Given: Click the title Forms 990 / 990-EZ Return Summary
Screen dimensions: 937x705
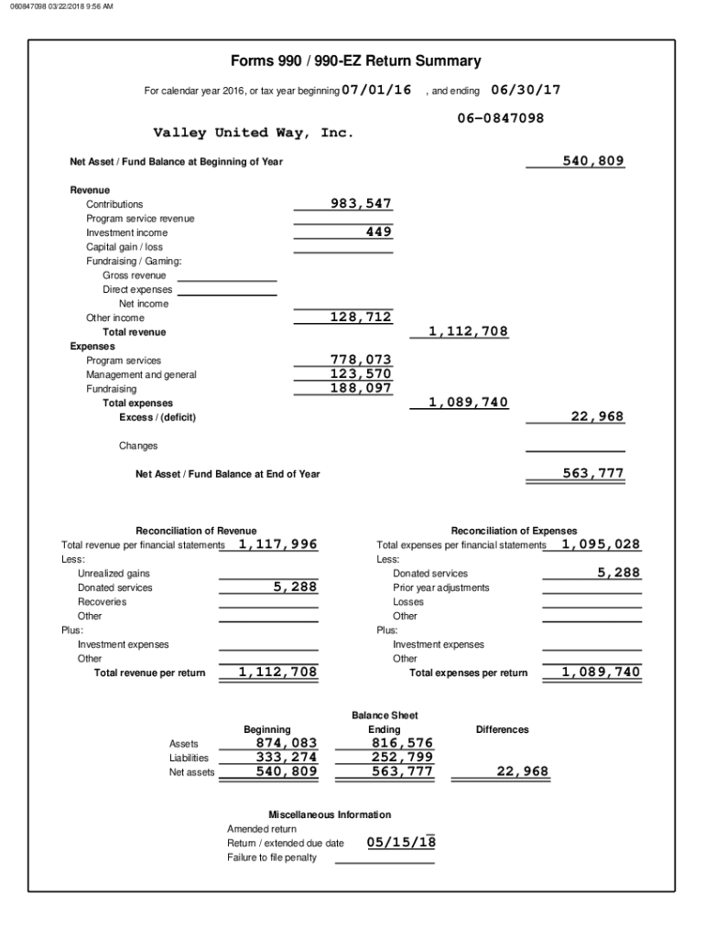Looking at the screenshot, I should [x=355, y=61].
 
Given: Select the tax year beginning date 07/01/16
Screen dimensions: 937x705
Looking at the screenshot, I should [x=376, y=90].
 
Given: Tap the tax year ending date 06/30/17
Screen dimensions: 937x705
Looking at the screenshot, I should [x=526, y=90].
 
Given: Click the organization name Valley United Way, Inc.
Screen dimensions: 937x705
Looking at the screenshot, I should [x=253, y=134].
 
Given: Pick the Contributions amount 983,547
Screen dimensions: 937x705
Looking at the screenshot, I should [x=361, y=203].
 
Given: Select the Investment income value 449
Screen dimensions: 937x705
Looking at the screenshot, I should [x=378, y=232].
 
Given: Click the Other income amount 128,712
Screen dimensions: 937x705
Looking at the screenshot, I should [x=361, y=318].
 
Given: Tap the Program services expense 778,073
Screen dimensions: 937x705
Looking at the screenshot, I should [x=361, y=360].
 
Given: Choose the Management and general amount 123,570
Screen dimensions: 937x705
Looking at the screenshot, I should [x=361, y=374].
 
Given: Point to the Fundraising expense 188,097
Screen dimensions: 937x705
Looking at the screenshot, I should [x=361, y=388].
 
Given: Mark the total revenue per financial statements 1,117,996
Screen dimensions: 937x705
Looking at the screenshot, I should [x=277, y=544].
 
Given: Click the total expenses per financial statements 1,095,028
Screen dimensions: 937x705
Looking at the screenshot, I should [x=601, y=544].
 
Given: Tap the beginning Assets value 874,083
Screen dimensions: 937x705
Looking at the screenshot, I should [x=287, y=743].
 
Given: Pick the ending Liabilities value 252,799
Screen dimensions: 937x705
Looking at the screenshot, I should [x=402, y=758].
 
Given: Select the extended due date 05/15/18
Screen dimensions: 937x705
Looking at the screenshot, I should [x=401, y=843].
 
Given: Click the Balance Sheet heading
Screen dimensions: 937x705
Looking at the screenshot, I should [x=385, y=715].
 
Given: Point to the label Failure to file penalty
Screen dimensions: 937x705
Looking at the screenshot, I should [x=272, y=857].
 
